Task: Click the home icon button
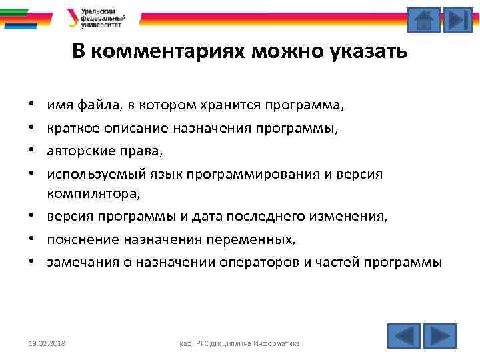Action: click(423, 20)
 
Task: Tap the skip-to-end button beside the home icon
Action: click(457, 20)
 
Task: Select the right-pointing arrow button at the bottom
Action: click(440, 335)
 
